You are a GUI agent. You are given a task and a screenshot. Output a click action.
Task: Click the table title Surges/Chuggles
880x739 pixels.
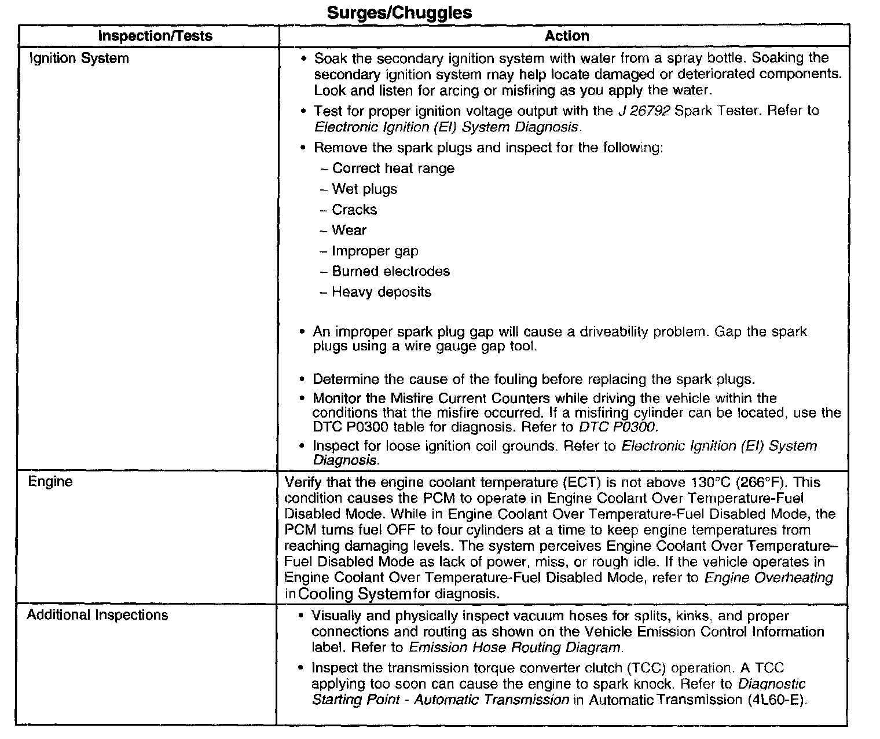pos(399,13)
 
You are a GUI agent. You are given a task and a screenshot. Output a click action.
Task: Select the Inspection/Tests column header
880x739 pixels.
pos(155,36)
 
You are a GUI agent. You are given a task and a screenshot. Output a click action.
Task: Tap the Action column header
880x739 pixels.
pos(567,36)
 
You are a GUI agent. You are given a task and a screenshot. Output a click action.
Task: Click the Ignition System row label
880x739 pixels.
pos(79,58)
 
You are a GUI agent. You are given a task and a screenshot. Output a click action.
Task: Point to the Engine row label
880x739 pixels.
pos(50,482)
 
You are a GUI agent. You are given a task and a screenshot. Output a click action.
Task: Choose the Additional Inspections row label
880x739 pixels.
pos(97,615)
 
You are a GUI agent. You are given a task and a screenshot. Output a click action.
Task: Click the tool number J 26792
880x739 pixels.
pos(644,111)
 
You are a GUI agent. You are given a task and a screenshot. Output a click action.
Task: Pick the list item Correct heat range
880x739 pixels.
pos(393,169)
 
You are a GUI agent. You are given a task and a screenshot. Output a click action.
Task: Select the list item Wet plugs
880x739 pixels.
pos(365,189)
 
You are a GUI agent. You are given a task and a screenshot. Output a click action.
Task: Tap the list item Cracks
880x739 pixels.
pos(354,210)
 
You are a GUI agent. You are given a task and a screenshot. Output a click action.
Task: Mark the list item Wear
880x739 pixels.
pos(349,231)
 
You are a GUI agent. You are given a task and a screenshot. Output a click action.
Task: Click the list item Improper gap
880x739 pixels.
pos(375,251)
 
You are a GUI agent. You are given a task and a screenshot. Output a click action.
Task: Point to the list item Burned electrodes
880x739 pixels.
pos(391,272)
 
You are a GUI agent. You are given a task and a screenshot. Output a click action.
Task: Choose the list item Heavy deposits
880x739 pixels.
pos(382,292)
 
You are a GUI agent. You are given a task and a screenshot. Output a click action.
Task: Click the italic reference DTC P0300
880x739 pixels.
pos(618,427)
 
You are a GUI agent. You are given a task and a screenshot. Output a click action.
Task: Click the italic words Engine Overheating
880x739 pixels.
pos(769,577)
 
